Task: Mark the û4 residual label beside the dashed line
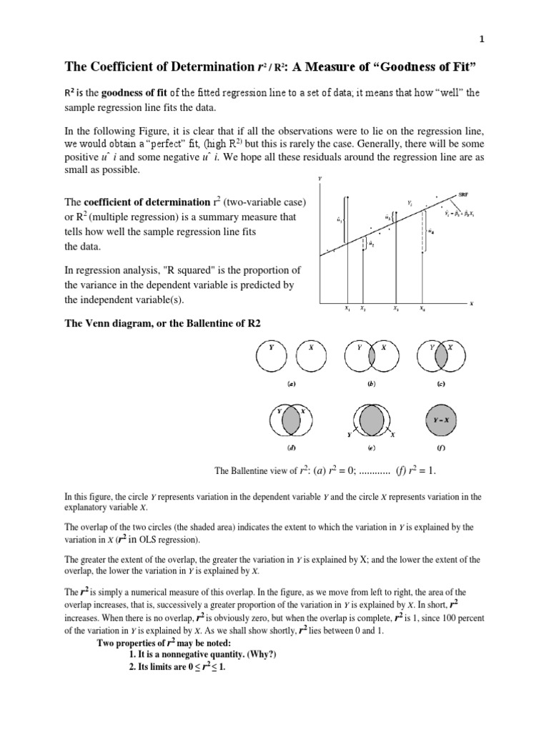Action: point(432,231)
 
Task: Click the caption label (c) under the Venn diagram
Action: point(442,384)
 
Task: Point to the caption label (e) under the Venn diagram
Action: point(371,448)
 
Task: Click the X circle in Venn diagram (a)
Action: point(311,355)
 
